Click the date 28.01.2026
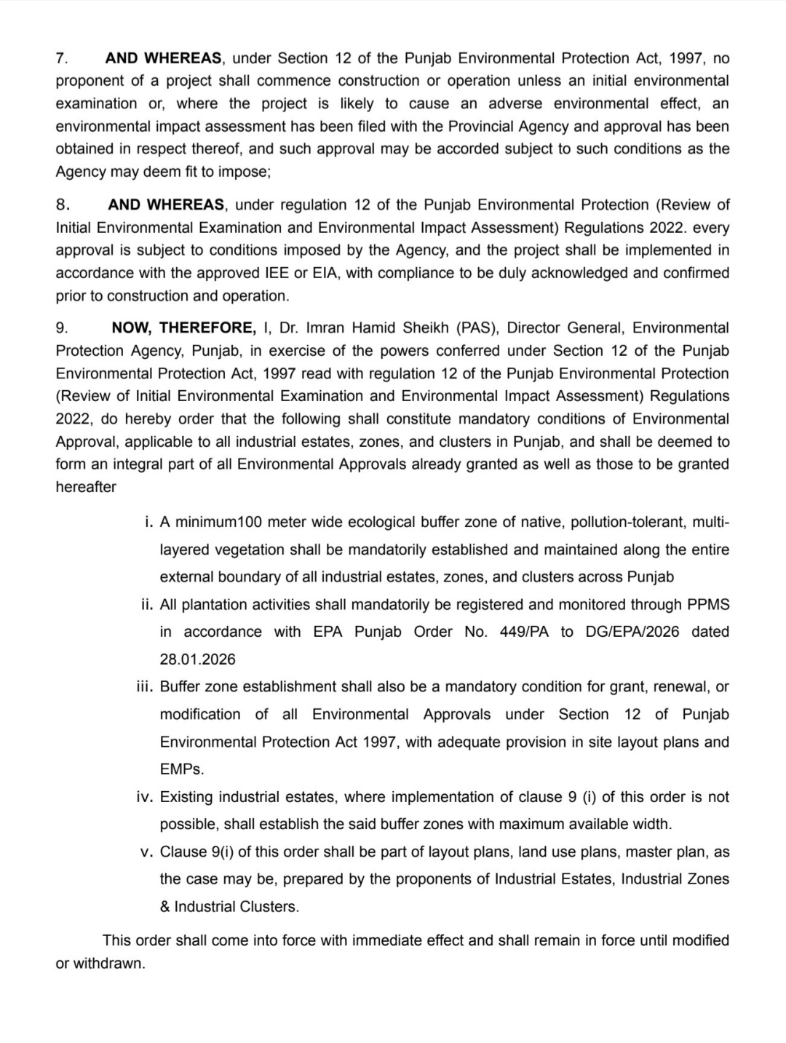pyautogui.click(x=198, y=659)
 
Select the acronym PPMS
pyautogui.click(x=707, y=605)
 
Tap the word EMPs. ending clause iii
pyautogui.click(x=182, y=769)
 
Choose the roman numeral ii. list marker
pyautogui.click(x=146, y=605)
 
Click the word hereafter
pyautogui.click(x=86, y=487)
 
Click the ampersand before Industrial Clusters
pyautogui.click(x=165, y=907)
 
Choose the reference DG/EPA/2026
pyautogui.click(x=632, y=632)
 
